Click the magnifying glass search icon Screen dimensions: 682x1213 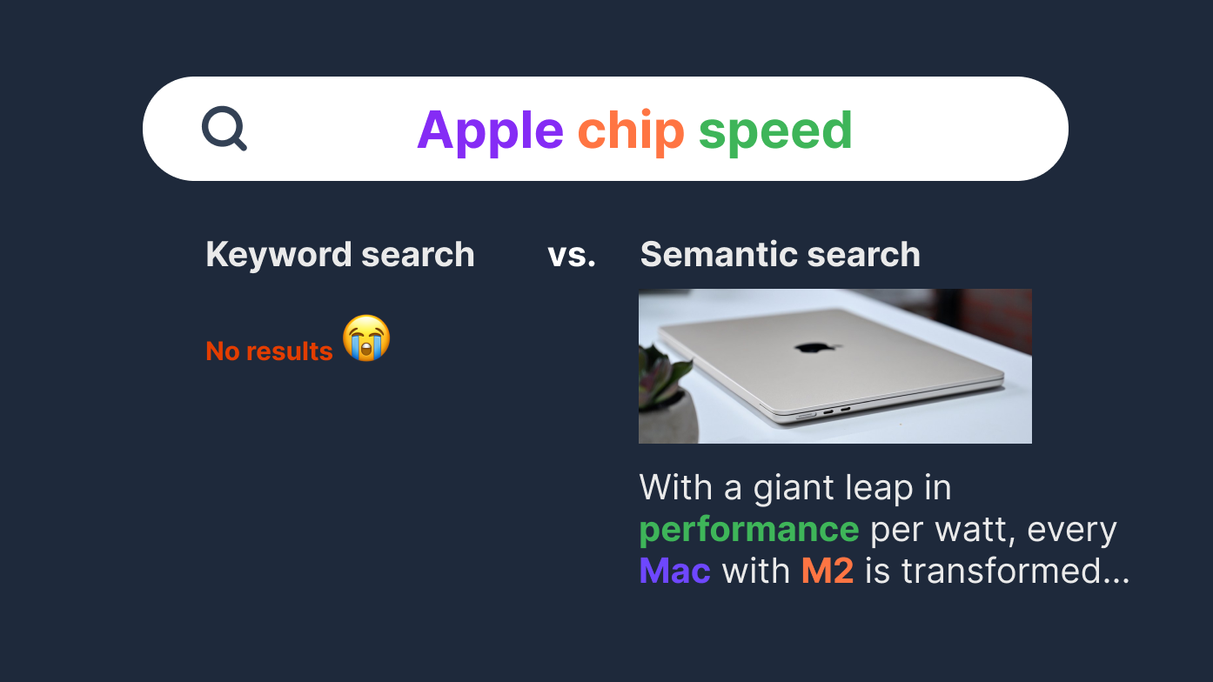[x=224, y=129]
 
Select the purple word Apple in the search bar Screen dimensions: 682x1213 [x=490, y=131]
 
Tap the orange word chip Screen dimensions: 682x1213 [x=631, y=131]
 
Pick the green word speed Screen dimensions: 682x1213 [x=775, y=131]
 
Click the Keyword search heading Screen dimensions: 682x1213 [x=340, y=255]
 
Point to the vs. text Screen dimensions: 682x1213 [x=572, y=255]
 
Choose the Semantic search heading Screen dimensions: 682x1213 [x=780, y=255]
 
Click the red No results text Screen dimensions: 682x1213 [x=269, y=351]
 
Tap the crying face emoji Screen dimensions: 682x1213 [x=366, y=338]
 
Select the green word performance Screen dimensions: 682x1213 [x=748, y=530]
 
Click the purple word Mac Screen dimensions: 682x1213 [x=674, y=572]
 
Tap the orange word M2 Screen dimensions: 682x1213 [x=827, y=572]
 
